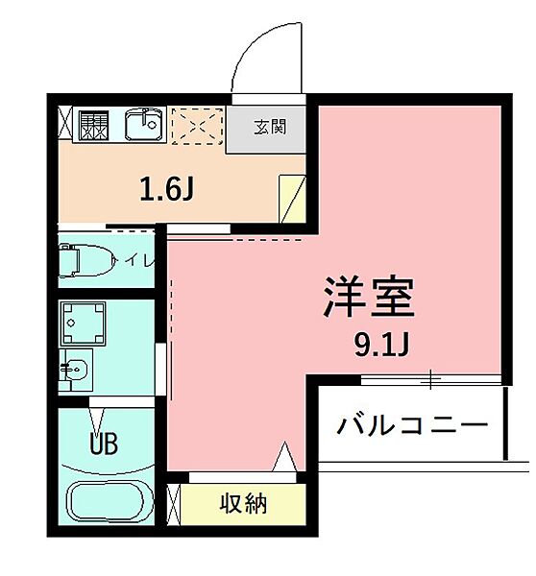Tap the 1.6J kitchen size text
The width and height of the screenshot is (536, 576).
167,189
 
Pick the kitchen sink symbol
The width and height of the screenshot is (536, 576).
146,124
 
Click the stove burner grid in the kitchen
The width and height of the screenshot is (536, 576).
94,124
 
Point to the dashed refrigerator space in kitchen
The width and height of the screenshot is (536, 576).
196,125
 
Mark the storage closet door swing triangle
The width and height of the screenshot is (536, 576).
285,457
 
